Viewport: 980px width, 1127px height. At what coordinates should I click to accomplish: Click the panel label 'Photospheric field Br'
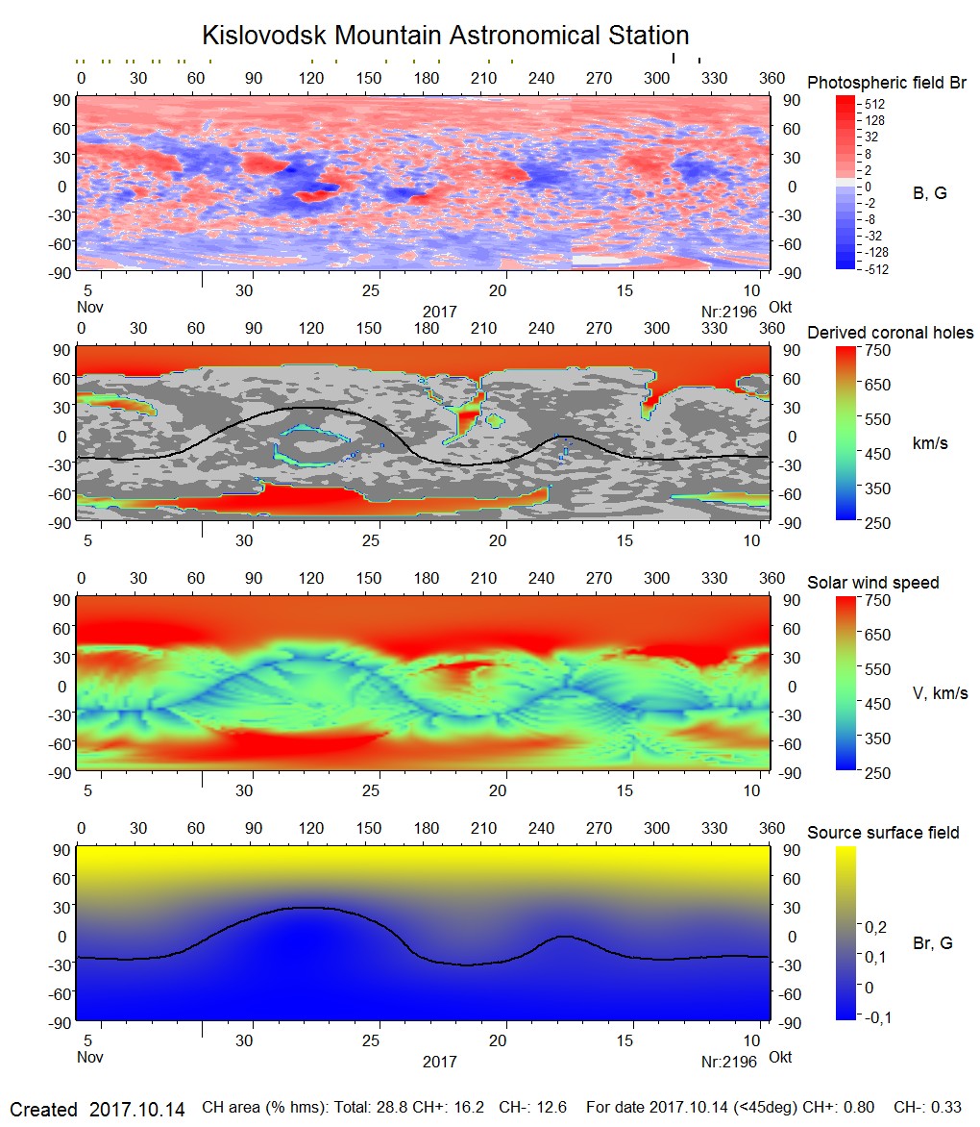886,83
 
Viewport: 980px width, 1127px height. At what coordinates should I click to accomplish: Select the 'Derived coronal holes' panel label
890,333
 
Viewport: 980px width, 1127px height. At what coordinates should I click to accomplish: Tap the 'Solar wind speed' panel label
872,583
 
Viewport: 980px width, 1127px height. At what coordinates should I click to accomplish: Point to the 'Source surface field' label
883,832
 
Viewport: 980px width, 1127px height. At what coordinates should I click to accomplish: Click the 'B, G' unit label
929,193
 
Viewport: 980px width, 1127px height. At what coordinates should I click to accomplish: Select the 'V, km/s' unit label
940,693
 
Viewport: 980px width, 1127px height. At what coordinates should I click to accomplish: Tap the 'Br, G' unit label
932,943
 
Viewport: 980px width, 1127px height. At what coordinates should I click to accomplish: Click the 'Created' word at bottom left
43,1109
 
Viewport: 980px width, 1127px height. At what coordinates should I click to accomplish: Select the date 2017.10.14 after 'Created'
136,1109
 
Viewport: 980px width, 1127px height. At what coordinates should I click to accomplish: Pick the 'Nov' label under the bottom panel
89,1058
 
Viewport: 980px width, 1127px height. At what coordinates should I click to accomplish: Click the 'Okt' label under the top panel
780,308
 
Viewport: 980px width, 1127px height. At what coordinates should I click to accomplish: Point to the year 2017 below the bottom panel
439,1062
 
